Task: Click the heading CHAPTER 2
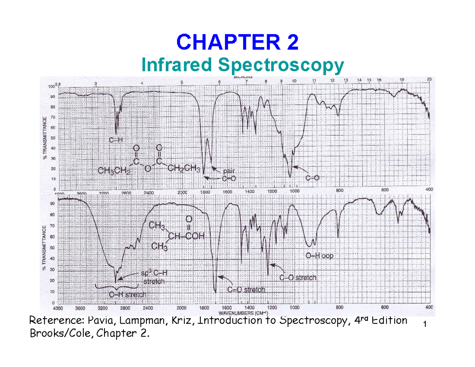coord(237,42)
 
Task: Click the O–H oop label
coord(319,256)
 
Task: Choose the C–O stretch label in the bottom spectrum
coord(298,278)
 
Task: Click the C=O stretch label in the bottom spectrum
coord(246,289)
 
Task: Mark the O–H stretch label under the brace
coord(127,295)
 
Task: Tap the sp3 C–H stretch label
coord(153,278)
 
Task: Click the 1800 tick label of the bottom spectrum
coord(204,307)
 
